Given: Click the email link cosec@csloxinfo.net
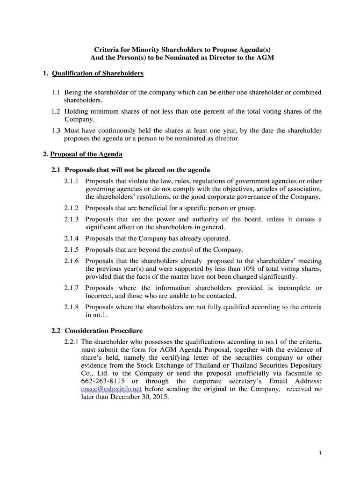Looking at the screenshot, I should (111, 389).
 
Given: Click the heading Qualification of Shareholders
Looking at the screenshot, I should (97, 73).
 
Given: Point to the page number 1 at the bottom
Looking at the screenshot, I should (320, 453).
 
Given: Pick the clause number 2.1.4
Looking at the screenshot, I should (72, 238).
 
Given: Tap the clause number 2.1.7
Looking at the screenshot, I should (72, 288).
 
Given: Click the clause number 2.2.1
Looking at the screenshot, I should (72, 341).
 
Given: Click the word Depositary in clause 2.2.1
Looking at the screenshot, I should (301, 365).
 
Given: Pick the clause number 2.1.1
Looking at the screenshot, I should (72, 181).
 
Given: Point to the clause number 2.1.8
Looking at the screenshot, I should (72, 307).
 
